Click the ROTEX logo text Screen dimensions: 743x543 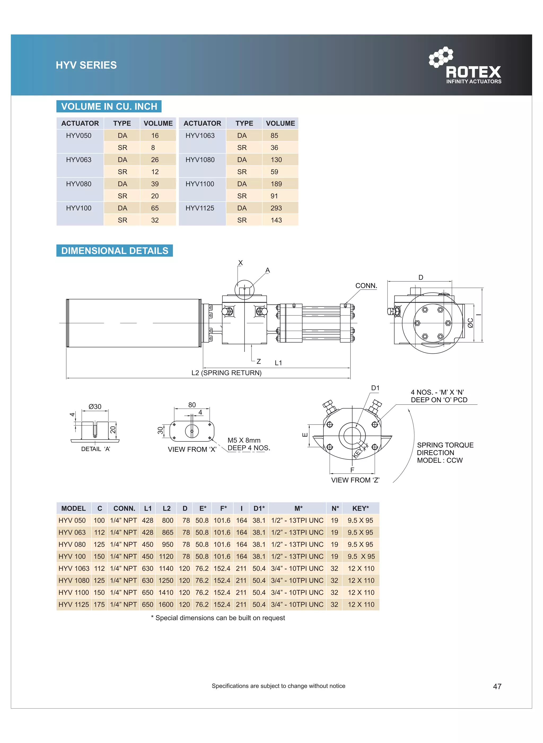tap(473, 72)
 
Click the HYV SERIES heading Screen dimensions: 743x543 tap(86, 65)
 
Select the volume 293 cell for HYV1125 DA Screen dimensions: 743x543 tap(276, 208)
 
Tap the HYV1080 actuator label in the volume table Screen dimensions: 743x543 tap(200, 160)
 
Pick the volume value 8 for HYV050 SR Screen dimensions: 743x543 tap(153, 148)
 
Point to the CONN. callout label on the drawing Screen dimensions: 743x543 tap(366, 285)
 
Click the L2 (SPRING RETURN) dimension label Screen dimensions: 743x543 tap(226, 373)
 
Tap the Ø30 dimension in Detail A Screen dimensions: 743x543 tap(95, 406)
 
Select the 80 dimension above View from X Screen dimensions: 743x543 tap(192, 405)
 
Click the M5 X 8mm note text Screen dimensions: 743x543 tap(244, 440)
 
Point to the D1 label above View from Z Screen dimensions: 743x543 tap(375, 388)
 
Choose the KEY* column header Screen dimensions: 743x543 tap(360, 508)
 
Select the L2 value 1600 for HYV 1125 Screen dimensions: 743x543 tap(166, 604)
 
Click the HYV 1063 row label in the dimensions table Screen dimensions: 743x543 tap(74, 568)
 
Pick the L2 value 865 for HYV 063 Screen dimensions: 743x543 tap(167, 532)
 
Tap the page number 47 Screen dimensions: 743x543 tap(497, 686)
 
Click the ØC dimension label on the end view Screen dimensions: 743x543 tap(470, 323)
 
